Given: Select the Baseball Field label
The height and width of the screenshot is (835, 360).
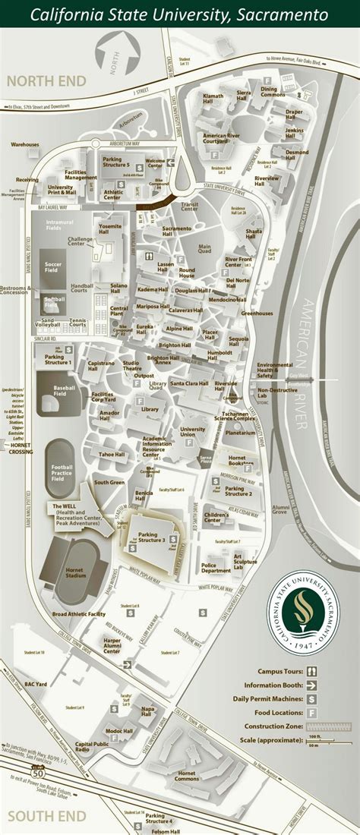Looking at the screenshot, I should (x=65, y=391).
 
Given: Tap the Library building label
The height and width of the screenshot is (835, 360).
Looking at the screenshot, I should (x=150, y=409).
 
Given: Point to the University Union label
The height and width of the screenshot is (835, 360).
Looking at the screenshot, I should (x=193, y=433).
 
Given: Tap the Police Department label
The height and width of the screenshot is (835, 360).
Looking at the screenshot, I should (x=216, y=566).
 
